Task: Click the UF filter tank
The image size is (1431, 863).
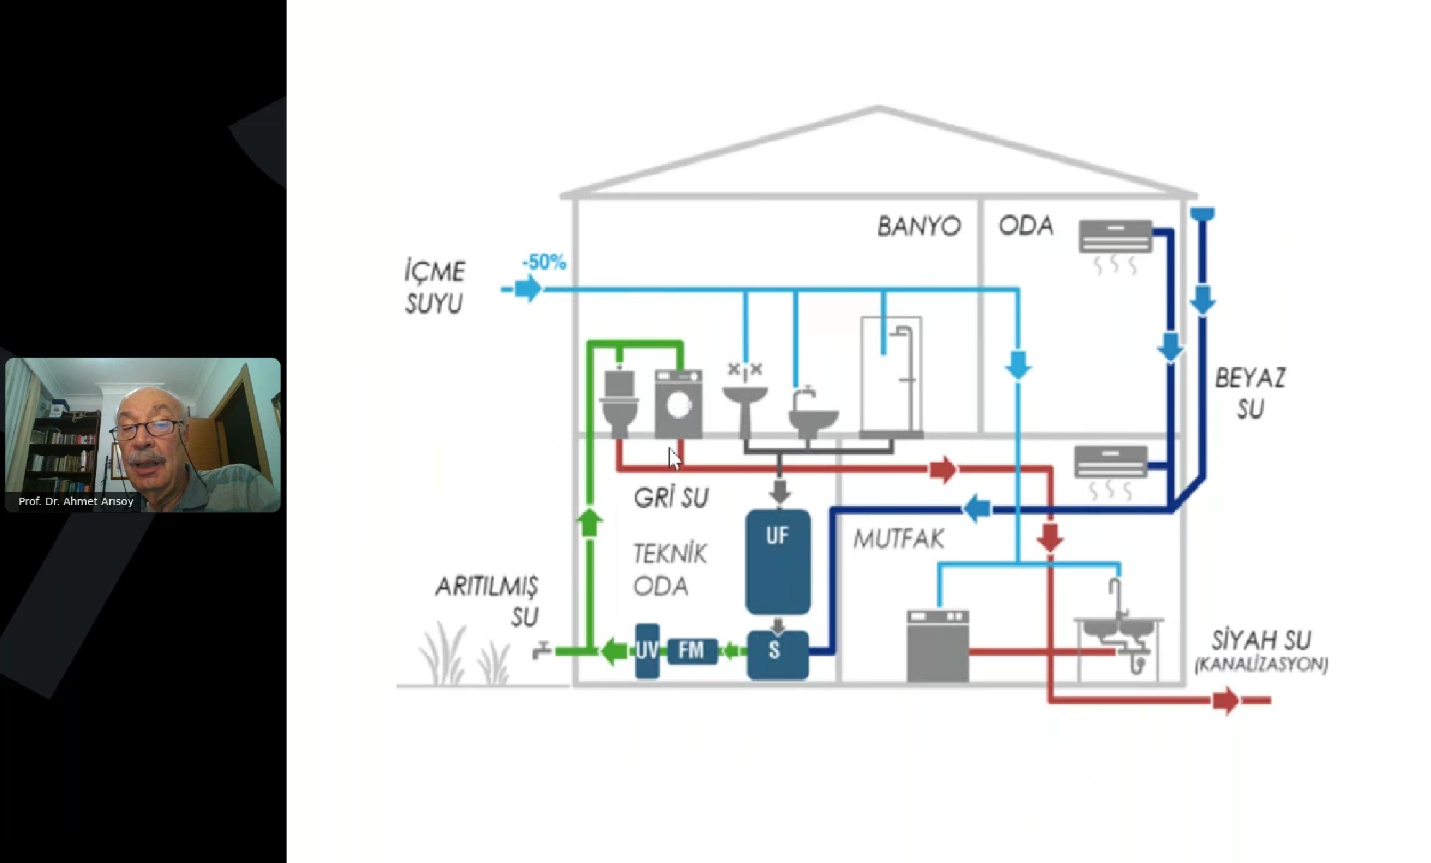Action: (x=778, y=561)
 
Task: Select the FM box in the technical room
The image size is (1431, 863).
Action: (x=692, y=650)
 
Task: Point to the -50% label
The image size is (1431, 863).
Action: (x=544, y=262)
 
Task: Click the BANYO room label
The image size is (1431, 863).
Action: (x=918, y=227)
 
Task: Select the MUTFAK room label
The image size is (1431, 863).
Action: (x=898, y=539)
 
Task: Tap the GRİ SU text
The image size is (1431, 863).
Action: (x=671, y=497)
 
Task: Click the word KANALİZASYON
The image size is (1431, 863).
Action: (x=1261, y=664)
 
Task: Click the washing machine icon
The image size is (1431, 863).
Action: (x=679, y=405)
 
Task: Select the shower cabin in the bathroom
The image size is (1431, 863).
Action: (x=891, y=377)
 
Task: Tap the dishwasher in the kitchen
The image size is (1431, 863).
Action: (x=938, y=646)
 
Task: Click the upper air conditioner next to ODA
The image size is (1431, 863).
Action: (x=1115, y=237)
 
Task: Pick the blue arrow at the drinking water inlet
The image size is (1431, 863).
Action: (x=528, y=289)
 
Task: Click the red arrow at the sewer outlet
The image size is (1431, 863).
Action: (x=1225, y=700)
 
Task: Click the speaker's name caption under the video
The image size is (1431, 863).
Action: (x=76, y=501)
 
